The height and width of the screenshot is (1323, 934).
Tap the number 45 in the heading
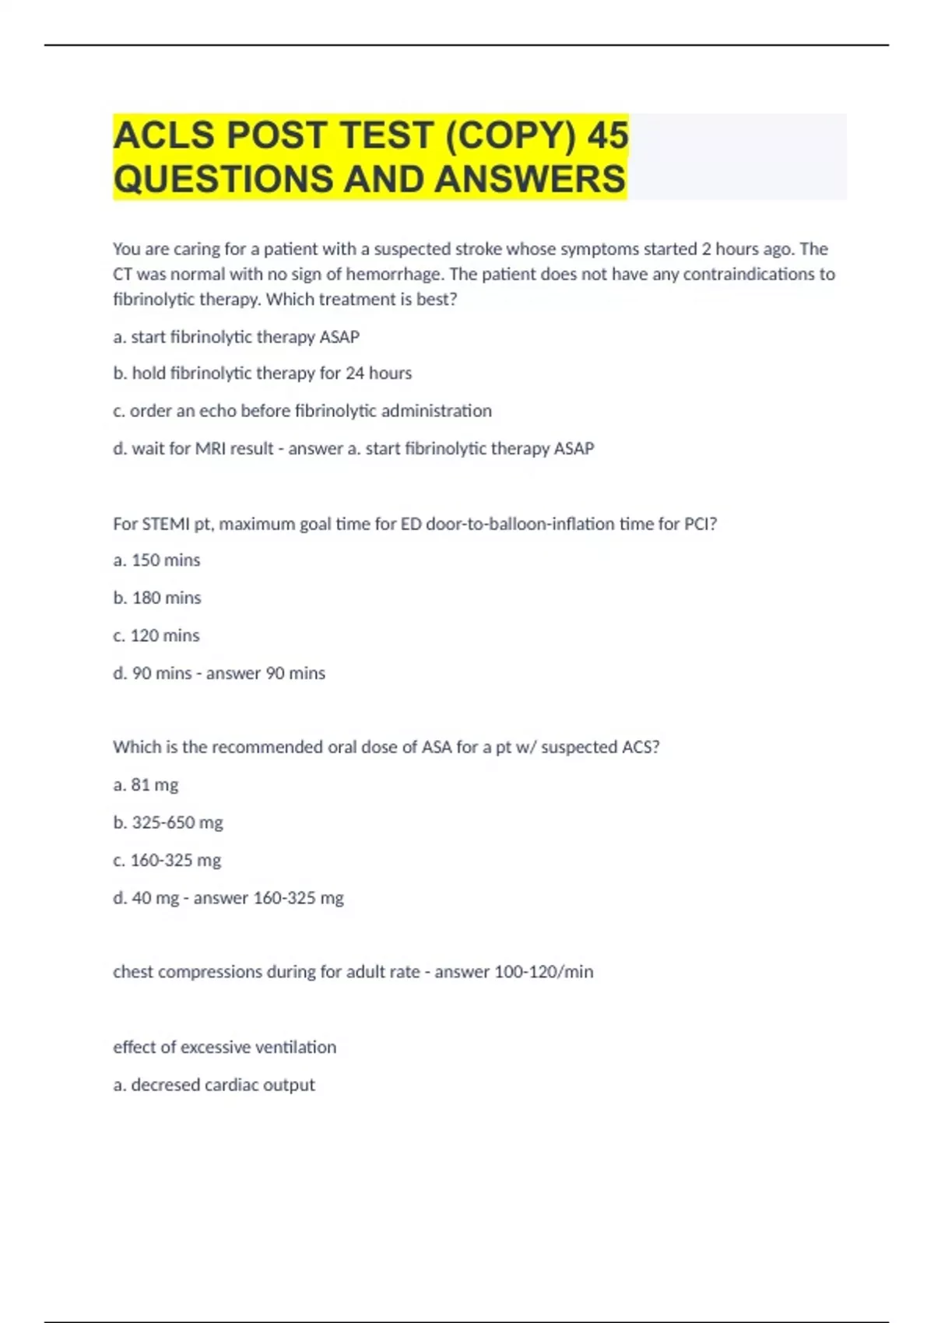pos(608,135)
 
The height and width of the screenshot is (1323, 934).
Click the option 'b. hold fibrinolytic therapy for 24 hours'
pos(262,374)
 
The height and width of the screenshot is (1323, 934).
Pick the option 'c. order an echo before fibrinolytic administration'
pos(302,411)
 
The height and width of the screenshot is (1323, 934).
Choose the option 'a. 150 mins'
pos(156,560)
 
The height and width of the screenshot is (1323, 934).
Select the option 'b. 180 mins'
pos(157,598)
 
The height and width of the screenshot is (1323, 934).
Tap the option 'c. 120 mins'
pos(156,636)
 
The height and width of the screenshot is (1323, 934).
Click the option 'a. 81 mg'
pos(146,785)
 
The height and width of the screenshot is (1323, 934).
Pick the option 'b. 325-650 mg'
pos(168,823)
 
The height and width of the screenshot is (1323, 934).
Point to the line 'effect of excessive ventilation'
pos(224,1048)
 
